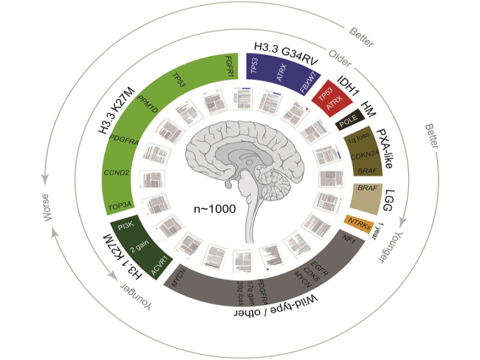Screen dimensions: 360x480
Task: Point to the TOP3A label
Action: coord(121,207)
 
